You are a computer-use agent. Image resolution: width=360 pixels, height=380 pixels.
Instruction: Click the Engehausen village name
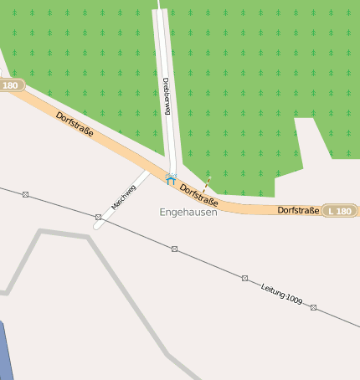click(188, 213)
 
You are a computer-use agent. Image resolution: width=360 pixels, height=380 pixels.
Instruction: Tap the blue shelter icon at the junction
click(171, 178)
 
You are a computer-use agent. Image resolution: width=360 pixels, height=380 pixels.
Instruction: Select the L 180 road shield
click(340, 210)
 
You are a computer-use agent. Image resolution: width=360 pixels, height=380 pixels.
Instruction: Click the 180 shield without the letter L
click(11, 85)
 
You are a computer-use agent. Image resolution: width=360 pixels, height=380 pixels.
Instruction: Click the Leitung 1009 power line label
click(281, 293)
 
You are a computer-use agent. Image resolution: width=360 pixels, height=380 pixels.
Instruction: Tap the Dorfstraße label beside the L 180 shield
click(299, 210)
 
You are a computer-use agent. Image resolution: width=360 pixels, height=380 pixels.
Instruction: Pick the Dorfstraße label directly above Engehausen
click(199, 196)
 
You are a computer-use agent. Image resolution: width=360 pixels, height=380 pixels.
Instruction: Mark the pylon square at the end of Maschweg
click(98, 218)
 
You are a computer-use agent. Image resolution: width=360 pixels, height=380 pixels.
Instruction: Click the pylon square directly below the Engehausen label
click(174, 249)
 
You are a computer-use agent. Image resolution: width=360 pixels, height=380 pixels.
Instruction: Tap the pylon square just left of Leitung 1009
click(245, 278)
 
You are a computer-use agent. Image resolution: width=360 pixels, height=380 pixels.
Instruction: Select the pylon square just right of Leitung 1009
click(313, 307)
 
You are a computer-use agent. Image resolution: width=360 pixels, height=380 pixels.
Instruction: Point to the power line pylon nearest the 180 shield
click(25, 194)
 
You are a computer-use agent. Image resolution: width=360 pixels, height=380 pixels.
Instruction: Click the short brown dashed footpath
click(206, 183)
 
